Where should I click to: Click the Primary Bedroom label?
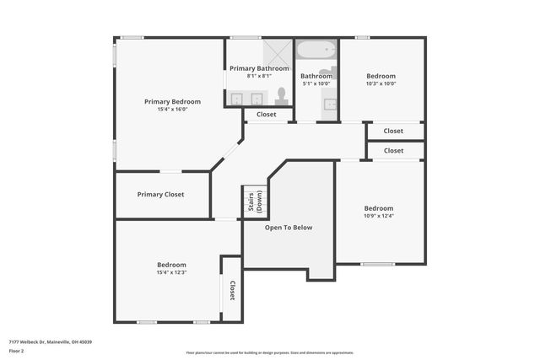(172, 101)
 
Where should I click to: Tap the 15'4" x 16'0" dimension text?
(172, 110)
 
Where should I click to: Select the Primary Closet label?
(160, 195)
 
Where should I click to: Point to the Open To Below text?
(289, 228)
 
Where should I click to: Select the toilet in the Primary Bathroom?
(282, 96)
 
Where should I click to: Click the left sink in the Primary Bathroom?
(236, 99)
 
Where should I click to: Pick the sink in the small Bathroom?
(330, 105)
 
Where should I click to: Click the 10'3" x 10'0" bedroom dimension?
(381, 83)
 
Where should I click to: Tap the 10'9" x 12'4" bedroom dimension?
(379, 216)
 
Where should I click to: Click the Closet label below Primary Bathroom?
(267, 115)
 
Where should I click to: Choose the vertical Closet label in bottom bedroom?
(232, 290)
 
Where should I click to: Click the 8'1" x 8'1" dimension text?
(259, 76)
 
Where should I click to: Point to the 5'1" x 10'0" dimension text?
(316, 83)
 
